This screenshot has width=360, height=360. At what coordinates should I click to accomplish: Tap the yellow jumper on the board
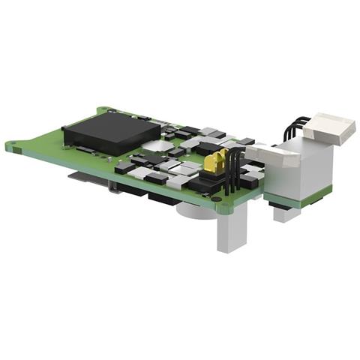tap(219, 160)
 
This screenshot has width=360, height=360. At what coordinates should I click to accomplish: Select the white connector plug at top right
tap(329, 128)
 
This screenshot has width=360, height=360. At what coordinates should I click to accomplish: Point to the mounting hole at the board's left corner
tap(11, 146)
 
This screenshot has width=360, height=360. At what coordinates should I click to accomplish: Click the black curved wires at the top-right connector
tap(297, 127)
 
